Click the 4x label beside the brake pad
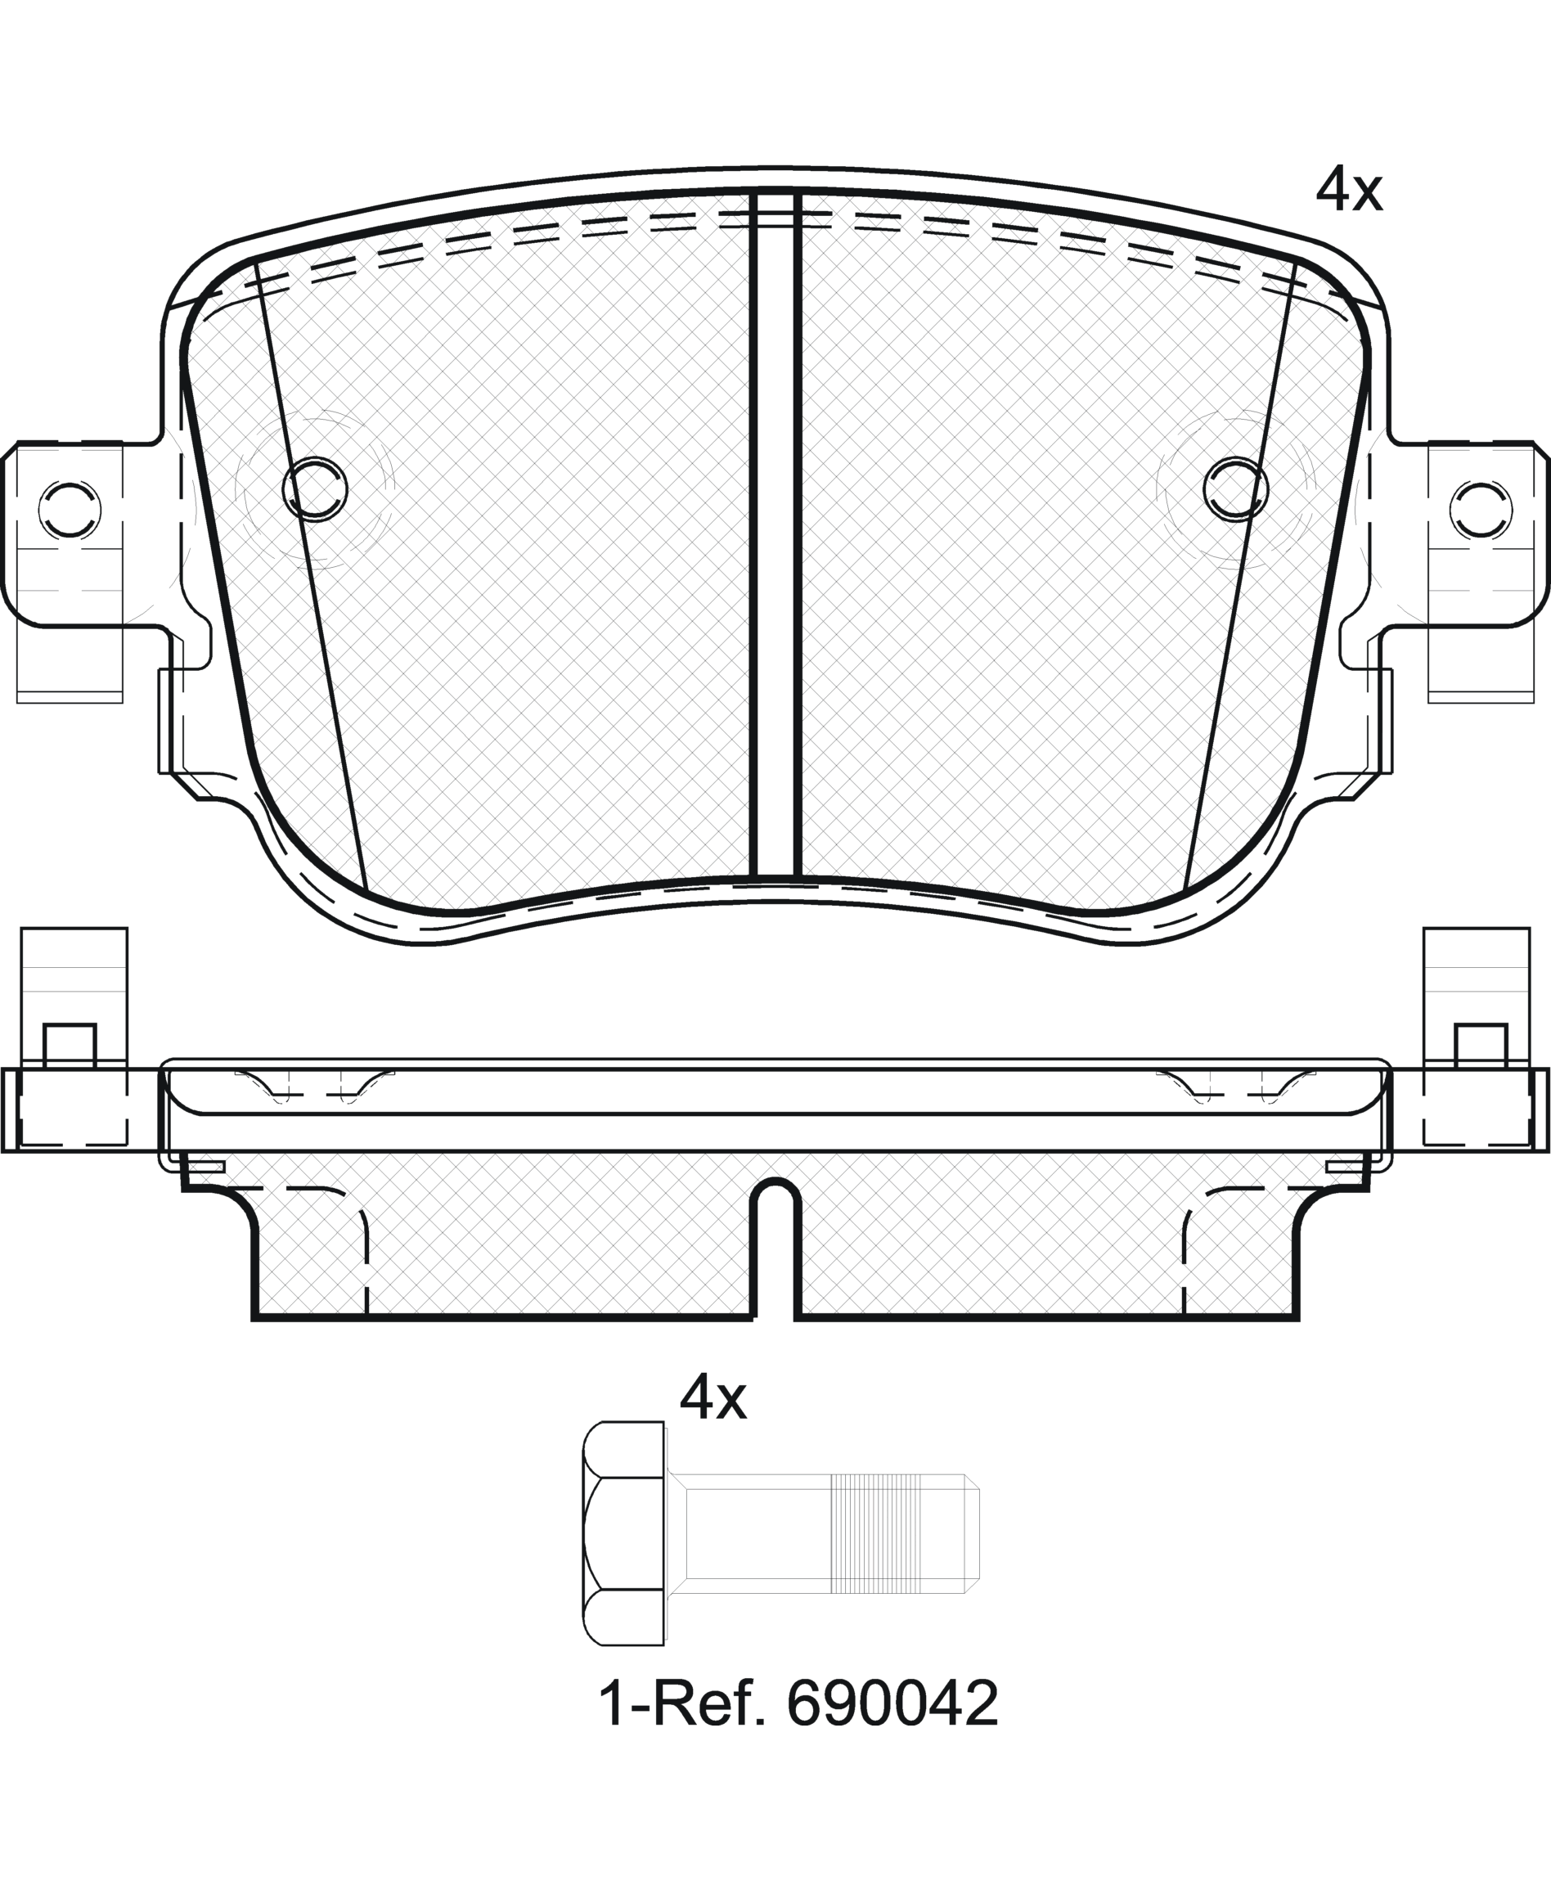point(1349,191)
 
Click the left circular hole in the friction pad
point(314,488)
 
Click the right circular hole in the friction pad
point(1235,488)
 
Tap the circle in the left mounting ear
point(70,511)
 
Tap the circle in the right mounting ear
point(1481,511)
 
